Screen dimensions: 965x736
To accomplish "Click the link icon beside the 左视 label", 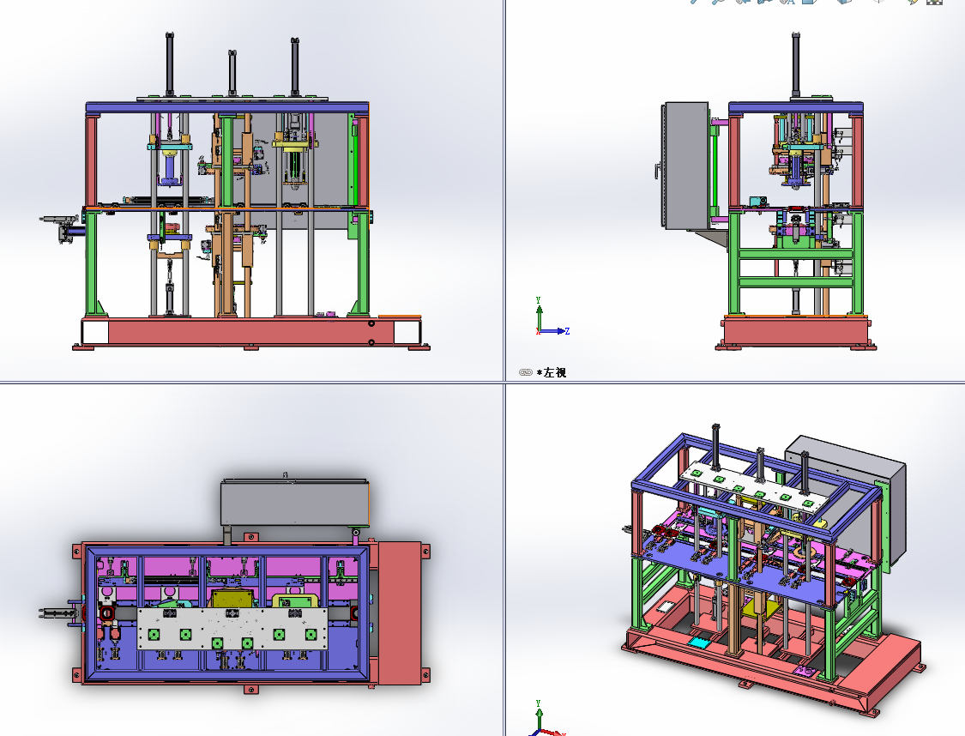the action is pos(525,372).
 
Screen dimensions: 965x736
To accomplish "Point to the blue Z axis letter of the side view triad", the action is pos(567,331).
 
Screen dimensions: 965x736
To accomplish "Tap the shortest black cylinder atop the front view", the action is pos(232,73).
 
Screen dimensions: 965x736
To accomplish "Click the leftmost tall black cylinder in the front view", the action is pos(169,64).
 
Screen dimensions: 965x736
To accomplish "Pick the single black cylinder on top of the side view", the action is pos(796,64).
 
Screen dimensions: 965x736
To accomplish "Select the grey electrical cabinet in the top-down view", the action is pos(295,502).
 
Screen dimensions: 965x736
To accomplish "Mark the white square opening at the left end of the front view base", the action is pos(95,332).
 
